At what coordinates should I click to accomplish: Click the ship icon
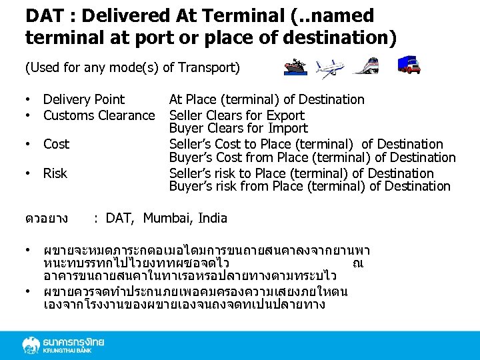[295, 67]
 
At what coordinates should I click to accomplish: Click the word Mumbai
[167, 218]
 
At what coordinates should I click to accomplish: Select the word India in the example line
[212, 218]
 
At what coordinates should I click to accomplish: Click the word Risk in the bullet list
[55, 173]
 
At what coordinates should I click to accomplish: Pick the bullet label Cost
[57, 144]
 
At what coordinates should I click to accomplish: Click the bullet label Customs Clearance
[99, 115]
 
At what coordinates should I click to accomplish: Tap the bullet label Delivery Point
[84, 99]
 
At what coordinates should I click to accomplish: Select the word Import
[287, 128]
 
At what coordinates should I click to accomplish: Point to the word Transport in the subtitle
[212, 67]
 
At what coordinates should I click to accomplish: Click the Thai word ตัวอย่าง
[46, 218]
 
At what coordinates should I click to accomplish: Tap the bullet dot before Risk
[29, 173]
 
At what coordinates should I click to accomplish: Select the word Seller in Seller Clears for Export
[187, 115]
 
